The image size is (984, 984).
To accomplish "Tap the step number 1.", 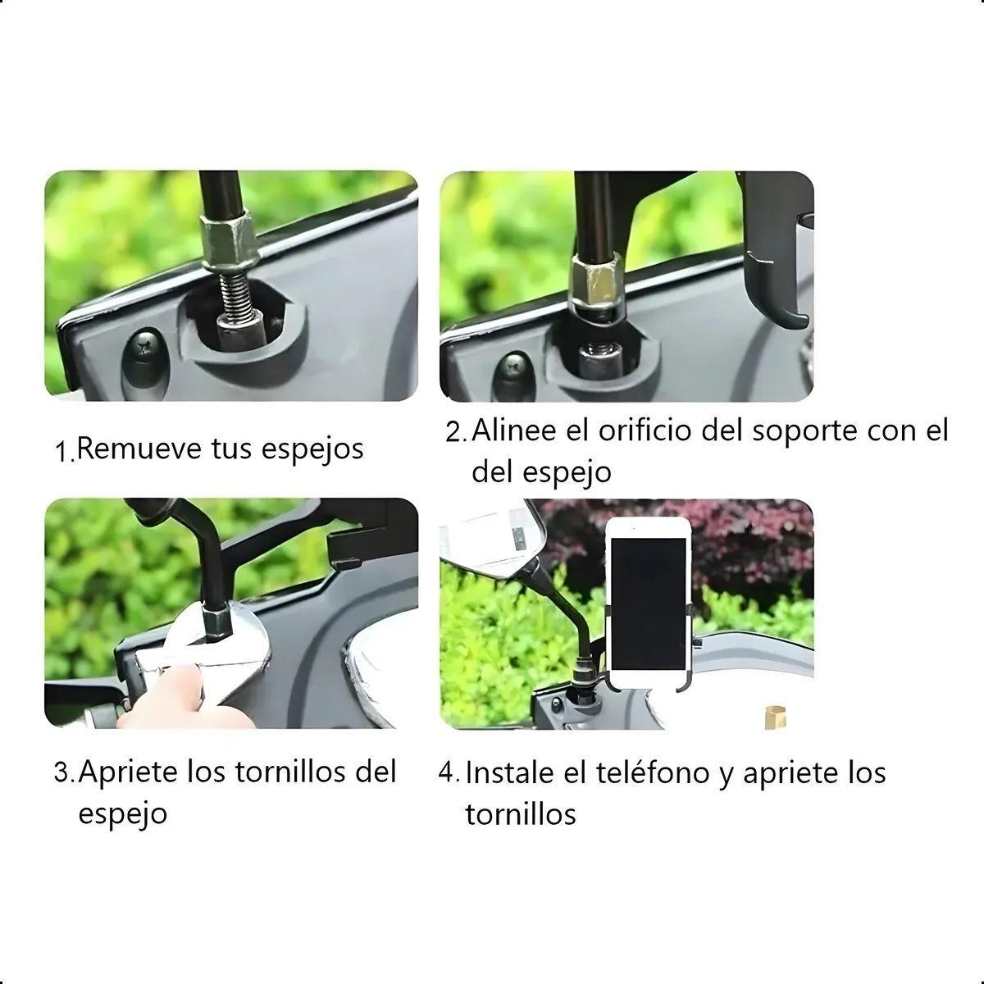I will tap(63, 451).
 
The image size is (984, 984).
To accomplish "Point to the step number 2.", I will tap(455, 432).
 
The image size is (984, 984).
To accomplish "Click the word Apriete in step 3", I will tap(130, 772).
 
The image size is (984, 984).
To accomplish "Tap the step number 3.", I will tap(63, 772).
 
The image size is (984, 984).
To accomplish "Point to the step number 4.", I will tap(449, 773).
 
